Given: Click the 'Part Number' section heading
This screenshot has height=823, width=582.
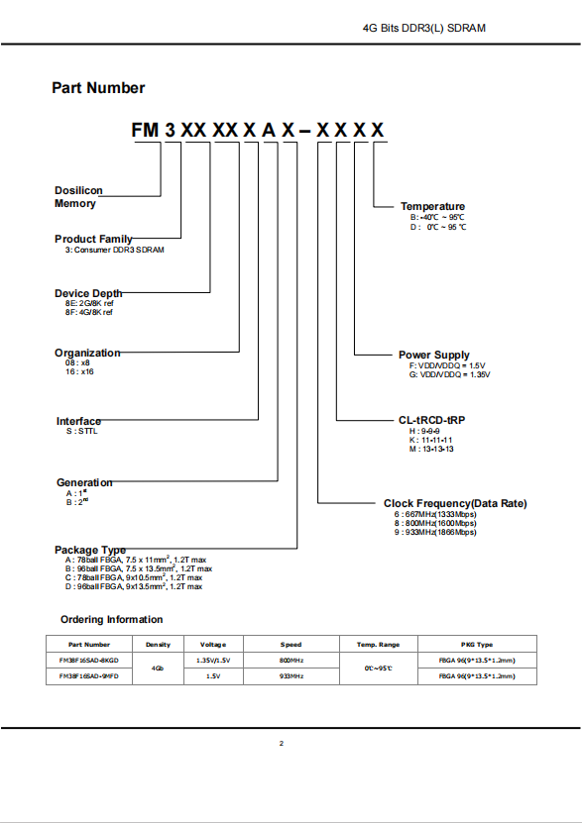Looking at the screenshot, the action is point(98,88).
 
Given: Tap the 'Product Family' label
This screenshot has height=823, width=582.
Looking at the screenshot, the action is point(93,239).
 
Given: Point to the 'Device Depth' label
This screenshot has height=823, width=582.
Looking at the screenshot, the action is point(88,293).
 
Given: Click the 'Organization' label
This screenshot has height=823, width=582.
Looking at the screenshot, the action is point(87,353).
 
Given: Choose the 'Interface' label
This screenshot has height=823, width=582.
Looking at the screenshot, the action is point(78,421).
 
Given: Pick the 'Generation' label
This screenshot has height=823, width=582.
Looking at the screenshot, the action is point(84,482).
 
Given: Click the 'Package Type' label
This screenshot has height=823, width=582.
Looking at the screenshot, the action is point(90,550).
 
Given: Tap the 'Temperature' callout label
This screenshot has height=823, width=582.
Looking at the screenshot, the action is point(433,206).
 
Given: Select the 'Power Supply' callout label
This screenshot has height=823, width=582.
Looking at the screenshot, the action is point(434,355).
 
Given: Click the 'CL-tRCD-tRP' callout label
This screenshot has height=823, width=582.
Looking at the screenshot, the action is point(431,420).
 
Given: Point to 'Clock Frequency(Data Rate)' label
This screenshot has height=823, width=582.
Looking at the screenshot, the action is point(455,503).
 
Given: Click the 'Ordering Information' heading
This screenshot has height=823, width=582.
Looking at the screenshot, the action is point(111,619).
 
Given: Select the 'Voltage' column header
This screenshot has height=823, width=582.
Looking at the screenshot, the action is point(213,645).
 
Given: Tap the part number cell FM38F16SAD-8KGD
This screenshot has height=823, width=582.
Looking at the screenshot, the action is point(89,661).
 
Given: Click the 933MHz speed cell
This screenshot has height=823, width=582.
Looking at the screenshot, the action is point(291,676).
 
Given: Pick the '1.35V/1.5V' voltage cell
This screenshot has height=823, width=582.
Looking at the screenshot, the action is point(213,661).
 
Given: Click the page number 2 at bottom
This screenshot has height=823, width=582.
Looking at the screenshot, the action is point(282,743).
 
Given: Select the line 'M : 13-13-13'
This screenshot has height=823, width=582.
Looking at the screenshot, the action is point(431,450).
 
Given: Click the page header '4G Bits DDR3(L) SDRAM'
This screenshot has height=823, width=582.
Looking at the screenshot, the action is point(424,28).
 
